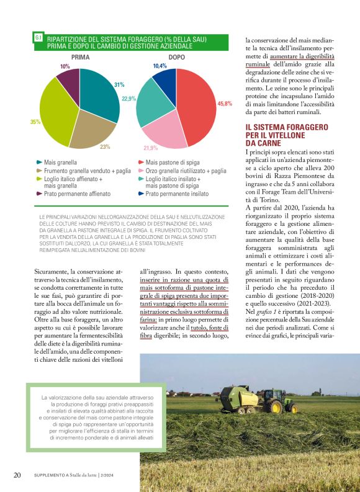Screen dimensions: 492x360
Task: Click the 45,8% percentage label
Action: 224,104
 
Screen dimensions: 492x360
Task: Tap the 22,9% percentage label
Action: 129,99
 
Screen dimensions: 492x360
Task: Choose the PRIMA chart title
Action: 81,57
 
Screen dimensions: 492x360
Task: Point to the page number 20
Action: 17,475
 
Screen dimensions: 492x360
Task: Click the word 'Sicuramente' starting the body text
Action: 52,288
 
